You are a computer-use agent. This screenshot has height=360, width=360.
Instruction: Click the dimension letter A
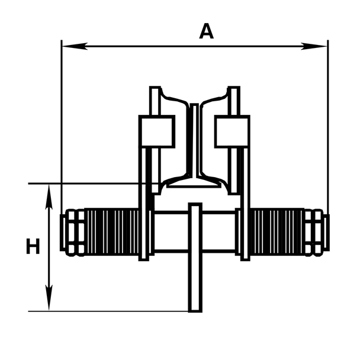click(x=206, y=31)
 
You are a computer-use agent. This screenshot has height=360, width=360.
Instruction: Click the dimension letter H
click(x=33, y=246)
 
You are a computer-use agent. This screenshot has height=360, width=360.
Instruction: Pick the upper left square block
click(x=156, y=131)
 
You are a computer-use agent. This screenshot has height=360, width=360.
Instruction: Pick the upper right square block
click(x=232, y=131)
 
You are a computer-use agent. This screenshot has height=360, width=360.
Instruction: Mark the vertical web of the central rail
click(x=194, y=142)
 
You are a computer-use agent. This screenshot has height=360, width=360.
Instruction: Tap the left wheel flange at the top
click(x=155, y=95)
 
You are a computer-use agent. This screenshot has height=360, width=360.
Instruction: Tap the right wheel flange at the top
click(x=233, y=95)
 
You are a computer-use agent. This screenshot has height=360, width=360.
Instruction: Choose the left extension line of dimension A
click(x=62, y=118)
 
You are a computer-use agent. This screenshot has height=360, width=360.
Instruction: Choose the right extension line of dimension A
click(x=327, y=118)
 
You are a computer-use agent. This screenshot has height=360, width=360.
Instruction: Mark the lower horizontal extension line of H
click(x=107, y=311)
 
